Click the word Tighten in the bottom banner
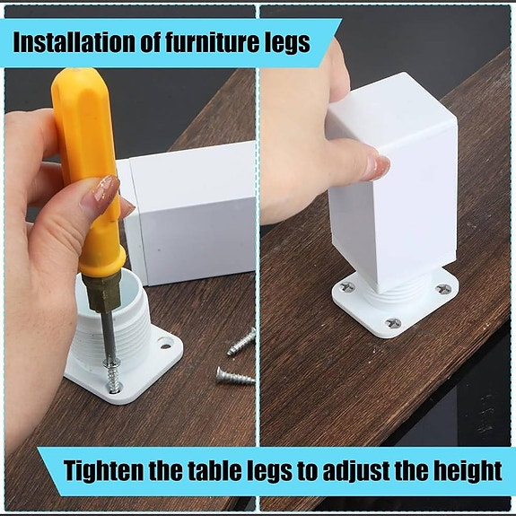pos(104,470)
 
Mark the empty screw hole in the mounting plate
pos(165,345)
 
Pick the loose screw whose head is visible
pos(235,375)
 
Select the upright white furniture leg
pos(393,184)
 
